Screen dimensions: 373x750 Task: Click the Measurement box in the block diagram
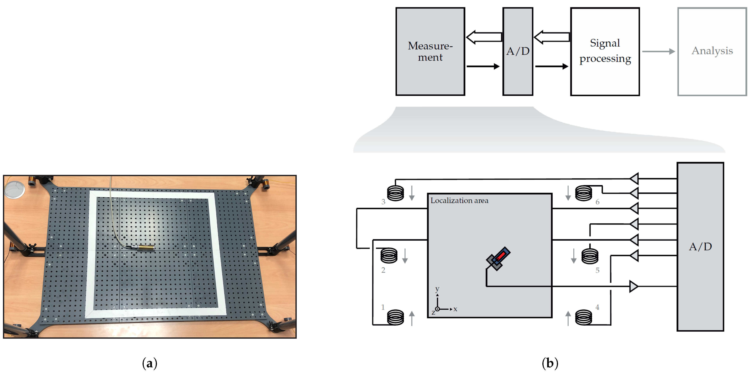[430, 51]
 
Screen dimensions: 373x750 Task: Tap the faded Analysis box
[712, 51]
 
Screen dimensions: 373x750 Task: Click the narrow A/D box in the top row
[518, 51]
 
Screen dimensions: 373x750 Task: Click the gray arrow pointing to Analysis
[659, 51]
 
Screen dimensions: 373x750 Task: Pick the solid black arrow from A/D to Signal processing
[551, 66]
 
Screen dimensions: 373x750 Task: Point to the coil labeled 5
[590, 256]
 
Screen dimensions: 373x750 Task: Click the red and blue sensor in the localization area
[498, 258]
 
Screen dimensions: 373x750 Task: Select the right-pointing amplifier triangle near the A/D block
[634, 286]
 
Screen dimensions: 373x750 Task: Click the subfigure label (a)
[150, 363]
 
